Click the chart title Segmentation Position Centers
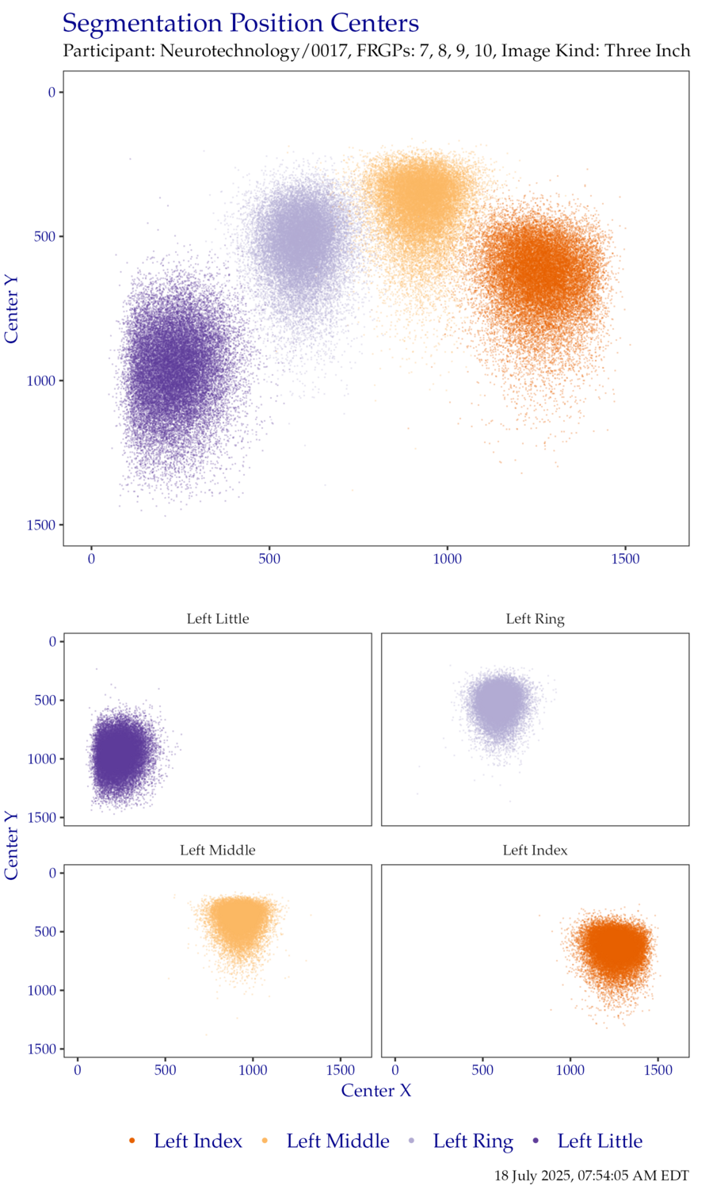[240, 24]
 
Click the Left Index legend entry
[198, 1141]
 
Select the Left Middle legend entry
[337, 1141]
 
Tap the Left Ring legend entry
[473, 1141]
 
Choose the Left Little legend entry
[600, 1141]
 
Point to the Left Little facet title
[218, 619]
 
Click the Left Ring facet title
[536, 619]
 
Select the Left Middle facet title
[218, 851]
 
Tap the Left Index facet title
[536, 851]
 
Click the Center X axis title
[376, 1091]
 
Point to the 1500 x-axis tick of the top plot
[625, 560]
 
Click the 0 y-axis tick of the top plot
[52, 93]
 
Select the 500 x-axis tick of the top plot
[269, 560]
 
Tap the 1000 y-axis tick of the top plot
[41, 381]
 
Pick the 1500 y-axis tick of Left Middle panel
[42, 1049]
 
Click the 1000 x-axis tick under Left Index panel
[570, 1071]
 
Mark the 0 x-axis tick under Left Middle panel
[78, 1071]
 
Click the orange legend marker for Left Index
[132, 1141]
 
